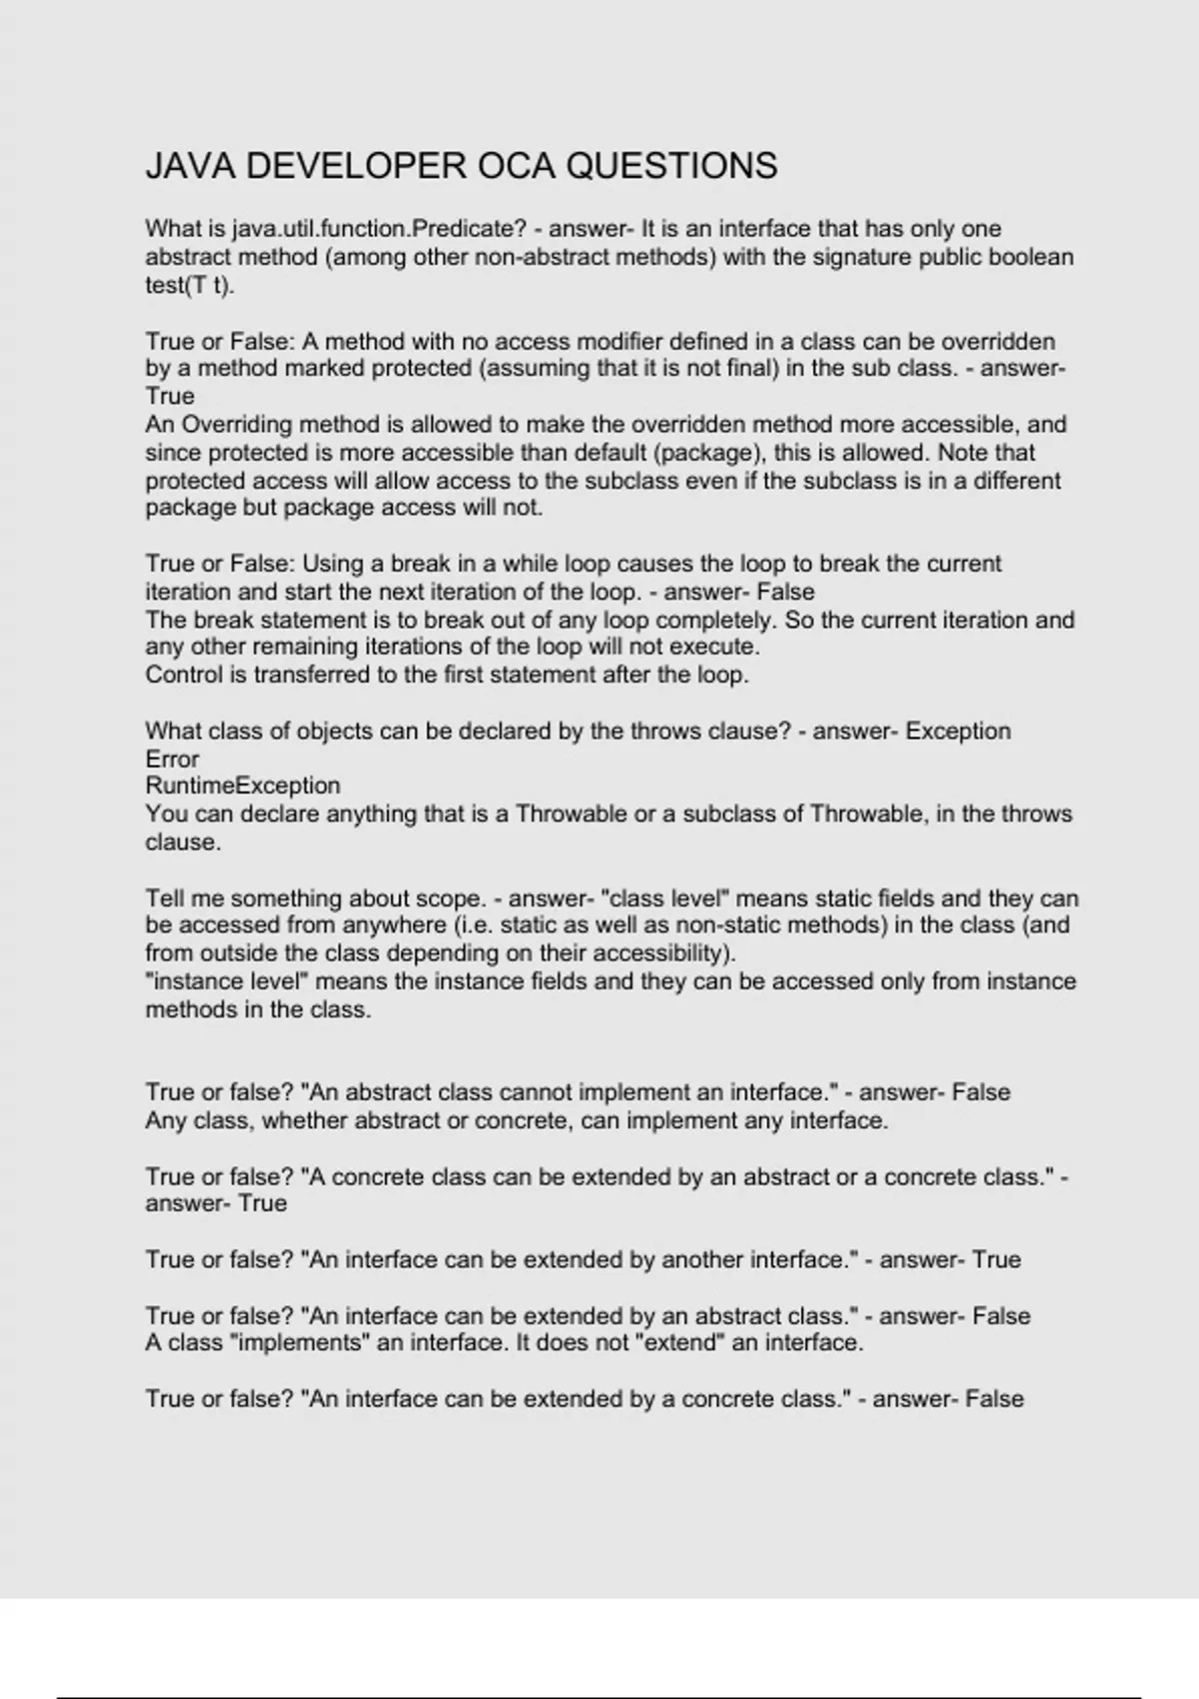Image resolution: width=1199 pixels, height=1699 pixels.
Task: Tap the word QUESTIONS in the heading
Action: [x=671, y=166]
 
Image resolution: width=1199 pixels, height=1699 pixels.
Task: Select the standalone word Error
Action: [x=172, y=759]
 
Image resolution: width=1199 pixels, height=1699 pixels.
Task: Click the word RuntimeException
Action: [x=243, y=786]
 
